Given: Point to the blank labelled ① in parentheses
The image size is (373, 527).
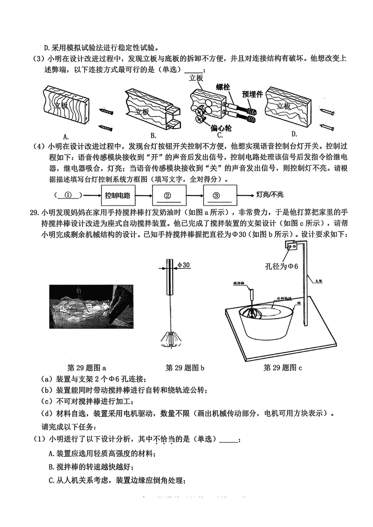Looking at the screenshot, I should pyautogui.click(x=69, y=195).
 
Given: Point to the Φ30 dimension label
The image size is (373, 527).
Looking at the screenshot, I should pyautogui.click(x=183, y=265).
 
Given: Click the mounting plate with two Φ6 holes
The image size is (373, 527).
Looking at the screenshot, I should pyautogui.click(x=292, y=247).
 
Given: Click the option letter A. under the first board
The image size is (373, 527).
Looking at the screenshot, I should pyautogui.click(x=66, y=136).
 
